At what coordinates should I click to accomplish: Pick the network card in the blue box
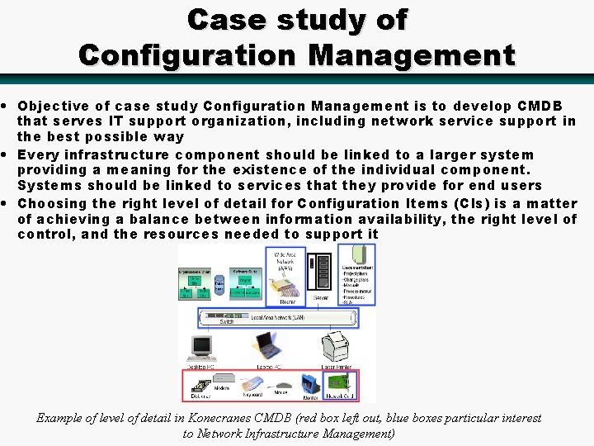coord(341,384)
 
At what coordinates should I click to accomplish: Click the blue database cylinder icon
coord(219,286)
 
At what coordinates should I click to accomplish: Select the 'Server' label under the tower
coord(323,298)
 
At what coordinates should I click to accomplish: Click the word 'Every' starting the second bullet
coord(35,155)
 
